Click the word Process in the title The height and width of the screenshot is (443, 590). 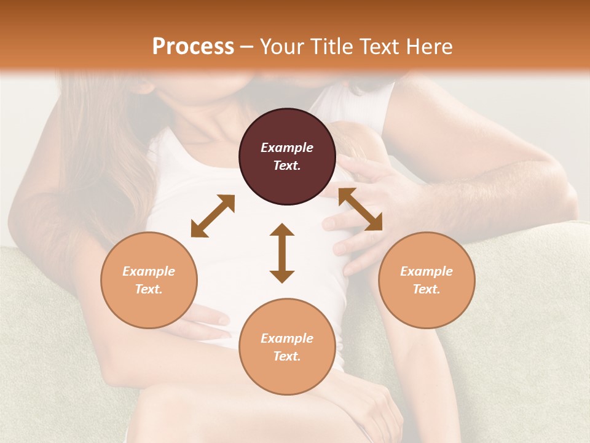[x=193, y=47]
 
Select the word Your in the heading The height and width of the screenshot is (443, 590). [x=280, y=47]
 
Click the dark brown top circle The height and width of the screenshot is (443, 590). [x=287, y=126]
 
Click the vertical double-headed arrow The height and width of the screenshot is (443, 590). [x=282, y=253]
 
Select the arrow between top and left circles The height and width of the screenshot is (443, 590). [x=213, y=216]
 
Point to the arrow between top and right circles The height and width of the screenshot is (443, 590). [x=360, y=209]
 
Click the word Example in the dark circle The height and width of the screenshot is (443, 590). [x=287, y=148]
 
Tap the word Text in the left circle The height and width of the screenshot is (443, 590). [x=148, y=289]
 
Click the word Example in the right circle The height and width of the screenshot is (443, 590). [x=427, y=271]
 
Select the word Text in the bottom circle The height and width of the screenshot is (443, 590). [x=286, y=356]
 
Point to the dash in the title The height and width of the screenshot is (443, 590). [x=247, y=47]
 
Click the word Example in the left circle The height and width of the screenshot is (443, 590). [x=149, y=271]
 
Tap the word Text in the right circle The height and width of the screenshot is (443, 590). [x=426, y=289]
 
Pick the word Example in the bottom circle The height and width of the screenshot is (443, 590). [x=287, y=338]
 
